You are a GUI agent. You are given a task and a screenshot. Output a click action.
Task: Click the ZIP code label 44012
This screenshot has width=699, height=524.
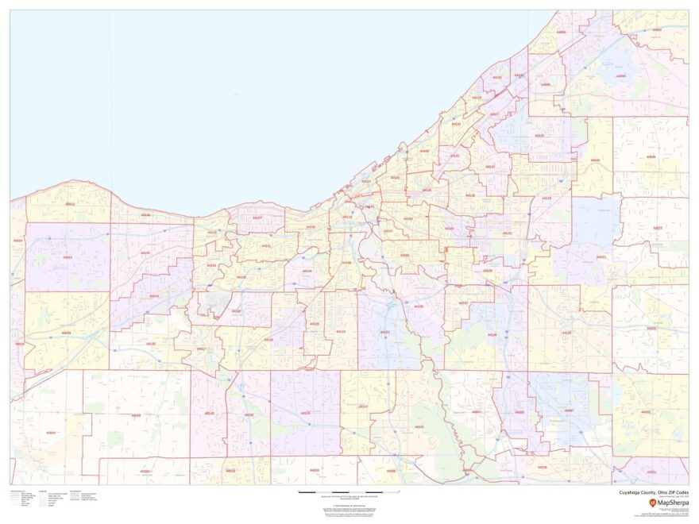(70, 204)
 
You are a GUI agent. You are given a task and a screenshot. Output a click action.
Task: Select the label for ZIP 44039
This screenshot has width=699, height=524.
(66, 333)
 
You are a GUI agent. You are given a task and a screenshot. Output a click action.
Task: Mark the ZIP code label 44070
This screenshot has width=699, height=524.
(154, 296)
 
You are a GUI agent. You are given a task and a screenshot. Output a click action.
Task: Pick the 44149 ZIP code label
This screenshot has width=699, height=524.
(210, 413)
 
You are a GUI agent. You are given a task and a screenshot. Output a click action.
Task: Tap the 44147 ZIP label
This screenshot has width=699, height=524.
(363, 406)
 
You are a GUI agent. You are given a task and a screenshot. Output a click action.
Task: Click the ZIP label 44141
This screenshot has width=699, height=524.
(419, 426)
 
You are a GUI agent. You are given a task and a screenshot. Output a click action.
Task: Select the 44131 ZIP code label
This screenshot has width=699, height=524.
(384, 332)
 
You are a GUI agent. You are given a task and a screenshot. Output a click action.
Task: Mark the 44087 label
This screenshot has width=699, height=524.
(569, 410)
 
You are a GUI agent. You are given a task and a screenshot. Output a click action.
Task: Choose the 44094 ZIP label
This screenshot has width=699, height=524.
(621, 76)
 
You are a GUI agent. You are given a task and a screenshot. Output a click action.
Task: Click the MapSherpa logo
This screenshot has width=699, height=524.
(666, 502)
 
